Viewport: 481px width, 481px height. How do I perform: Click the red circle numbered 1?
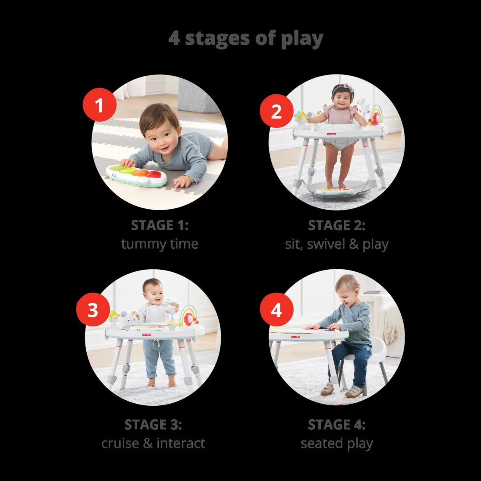[99, 105]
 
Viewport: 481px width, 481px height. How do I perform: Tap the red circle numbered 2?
[276, 111]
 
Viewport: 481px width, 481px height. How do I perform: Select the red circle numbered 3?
[93, 310]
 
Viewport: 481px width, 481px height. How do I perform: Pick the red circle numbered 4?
[276, 310]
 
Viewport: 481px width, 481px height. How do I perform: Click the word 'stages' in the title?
[217, 39]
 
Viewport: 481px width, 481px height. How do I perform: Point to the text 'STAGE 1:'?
[160, 225]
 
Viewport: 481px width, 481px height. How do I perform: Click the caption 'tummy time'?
[160, 244]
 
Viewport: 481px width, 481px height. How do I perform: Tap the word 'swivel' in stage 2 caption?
[326, 244]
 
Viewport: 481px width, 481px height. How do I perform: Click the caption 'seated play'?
[337, 444]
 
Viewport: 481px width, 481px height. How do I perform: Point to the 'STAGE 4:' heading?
[337, 425]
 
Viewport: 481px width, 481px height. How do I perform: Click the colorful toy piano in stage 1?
[136, 175]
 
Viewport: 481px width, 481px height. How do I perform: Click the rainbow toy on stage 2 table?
[375, 116]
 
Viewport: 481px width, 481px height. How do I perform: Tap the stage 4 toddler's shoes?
[341, 390]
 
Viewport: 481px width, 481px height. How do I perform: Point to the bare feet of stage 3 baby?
[161, 382]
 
